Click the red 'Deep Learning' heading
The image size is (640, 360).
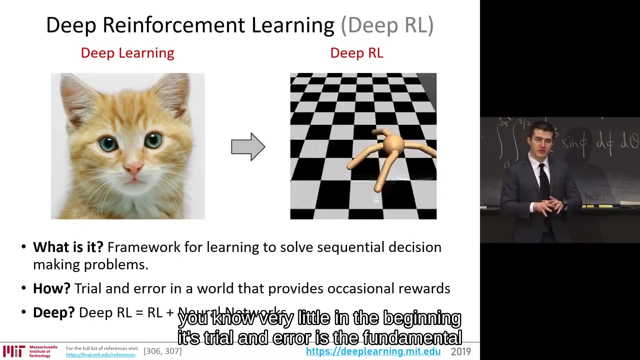click(127, 53)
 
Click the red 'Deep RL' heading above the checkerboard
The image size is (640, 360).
click(356, 53)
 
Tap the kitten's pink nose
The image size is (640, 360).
click(133, 169)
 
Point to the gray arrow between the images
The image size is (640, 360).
click(248, 146)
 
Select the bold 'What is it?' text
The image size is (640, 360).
click(68, 247)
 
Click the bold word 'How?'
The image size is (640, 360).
click(51, 288)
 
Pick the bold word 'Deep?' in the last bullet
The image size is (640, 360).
click(53, 312)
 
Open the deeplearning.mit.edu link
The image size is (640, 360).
click(373, 351)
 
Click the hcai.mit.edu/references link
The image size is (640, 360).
click(100, 355)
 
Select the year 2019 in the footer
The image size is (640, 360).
click(460, 351)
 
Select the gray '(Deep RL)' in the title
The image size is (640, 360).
click(387, 25)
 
